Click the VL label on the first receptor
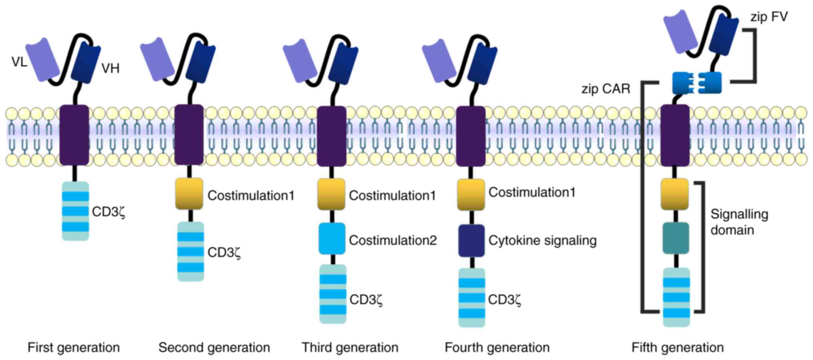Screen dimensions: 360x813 (x=19, y=62)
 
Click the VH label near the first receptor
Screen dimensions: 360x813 (x=110, y=68)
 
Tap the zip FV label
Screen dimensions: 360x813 (x=769, y=17)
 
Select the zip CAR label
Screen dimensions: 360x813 (x=606, y=89)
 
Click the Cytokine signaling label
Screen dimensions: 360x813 (x=542, y=240)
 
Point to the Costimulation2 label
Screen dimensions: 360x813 (x=392, y=240)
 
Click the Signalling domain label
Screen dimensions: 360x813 (x=739, y=222)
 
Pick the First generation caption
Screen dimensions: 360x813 (x=74, y=347)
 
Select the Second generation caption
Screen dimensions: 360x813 (x=214, y=347)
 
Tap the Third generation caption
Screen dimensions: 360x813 (x=350, y=347)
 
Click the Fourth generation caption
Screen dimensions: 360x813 (x=497, y=347)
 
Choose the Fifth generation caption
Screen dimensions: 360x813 (x=677, y=347)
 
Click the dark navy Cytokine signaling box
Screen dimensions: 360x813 (x=471, y=240)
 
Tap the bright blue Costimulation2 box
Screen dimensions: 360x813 (x=332, y=239)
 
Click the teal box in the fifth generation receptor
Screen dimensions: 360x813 (x=676, y=238)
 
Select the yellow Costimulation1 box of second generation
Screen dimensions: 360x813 (x=189, y=194)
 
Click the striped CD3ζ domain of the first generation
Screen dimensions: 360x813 (x=75, y=211)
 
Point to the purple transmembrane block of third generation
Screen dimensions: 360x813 (x=332, y=136)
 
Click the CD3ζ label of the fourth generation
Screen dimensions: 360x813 (x=505, y=299)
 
